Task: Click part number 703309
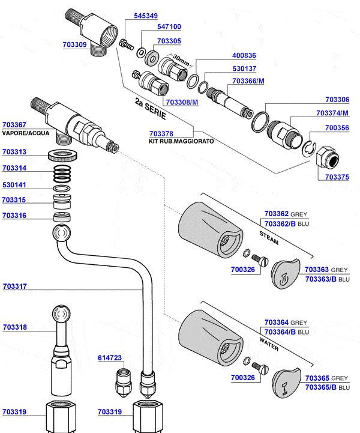74,44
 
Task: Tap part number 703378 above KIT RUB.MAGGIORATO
161,133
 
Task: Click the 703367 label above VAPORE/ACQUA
14,124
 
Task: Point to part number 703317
14,286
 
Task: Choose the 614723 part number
110,358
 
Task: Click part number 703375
337,177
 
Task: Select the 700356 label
337,128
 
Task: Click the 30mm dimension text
179,59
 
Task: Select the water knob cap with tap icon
285,382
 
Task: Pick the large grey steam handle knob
209,229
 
